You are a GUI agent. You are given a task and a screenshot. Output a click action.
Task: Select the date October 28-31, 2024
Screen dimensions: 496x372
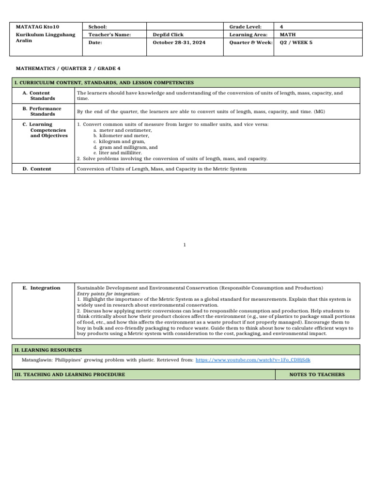179,43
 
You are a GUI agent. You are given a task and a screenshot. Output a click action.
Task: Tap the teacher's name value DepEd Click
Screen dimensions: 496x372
168,35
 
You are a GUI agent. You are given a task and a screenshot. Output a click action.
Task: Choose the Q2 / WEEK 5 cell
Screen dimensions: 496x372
296,43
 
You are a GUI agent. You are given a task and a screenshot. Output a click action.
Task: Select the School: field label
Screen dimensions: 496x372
97,27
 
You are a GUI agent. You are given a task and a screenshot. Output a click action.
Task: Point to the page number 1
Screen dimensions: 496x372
185,245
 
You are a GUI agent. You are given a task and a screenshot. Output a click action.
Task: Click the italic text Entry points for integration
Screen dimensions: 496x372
108,294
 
